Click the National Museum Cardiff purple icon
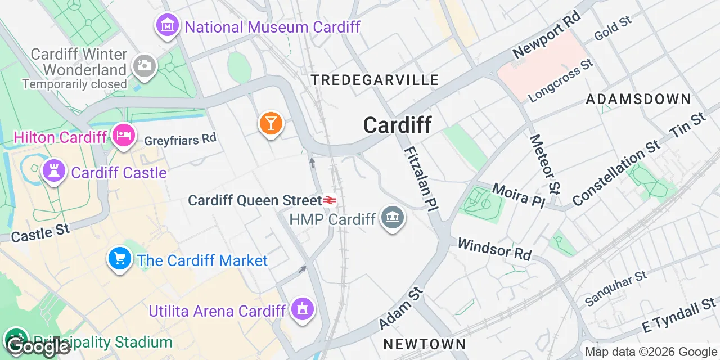(167, 25)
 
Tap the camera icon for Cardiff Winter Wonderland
(145, 66)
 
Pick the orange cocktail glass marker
(271, 123)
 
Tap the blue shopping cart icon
(119, 259)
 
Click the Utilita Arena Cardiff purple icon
(303, 309)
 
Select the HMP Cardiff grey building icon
(392, 218)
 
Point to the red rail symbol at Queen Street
(330, 200)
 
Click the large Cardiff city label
(397, 125)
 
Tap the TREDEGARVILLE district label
(375, 80)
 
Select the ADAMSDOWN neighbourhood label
(638, 100)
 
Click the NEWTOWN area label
(424, 344)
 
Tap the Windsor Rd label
(494, 249)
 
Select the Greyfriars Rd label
(180, 139)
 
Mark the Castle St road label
(40, 232)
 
